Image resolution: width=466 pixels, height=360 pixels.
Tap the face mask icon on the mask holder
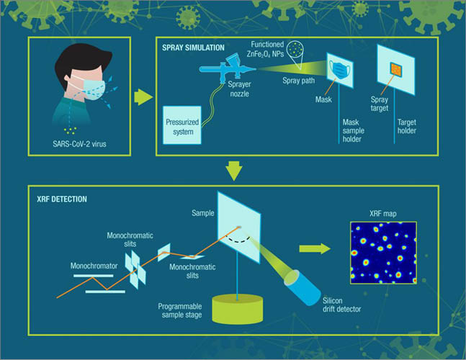(341, 71)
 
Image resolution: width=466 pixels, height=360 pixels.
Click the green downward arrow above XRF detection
(233, 171)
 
